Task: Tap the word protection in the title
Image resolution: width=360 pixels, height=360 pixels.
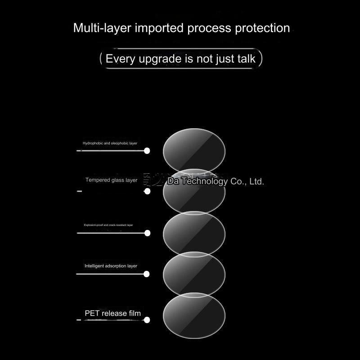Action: click(x=262, y=28)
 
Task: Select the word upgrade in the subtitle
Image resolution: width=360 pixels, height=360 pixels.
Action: click(x=156, y=59)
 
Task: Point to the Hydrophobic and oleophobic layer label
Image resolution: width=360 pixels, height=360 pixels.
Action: click(x=110, y=143)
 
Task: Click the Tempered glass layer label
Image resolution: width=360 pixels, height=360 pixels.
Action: click(x=111, y=180)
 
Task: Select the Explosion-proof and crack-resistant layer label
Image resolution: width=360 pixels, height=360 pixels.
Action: click(x=108, y=225)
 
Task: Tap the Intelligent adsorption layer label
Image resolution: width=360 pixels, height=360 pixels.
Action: click(x=111, y=266)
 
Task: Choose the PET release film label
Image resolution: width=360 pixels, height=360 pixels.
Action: click(x=112, y=313)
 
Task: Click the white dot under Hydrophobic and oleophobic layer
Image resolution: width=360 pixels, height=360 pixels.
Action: click(x=147, y=151)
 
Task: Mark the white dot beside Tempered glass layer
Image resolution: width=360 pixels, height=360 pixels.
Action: click(x=147, y=191)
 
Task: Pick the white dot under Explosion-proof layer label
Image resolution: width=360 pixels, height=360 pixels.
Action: click(x=147, y=233)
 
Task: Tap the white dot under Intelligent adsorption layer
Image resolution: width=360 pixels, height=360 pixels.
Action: click(x=146, y=274)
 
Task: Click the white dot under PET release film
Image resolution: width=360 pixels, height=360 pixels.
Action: click(x=147, y=320)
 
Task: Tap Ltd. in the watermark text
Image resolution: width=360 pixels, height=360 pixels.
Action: click(x=256, y=182)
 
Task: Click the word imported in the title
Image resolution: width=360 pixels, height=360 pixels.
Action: click(x=159, y=28)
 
